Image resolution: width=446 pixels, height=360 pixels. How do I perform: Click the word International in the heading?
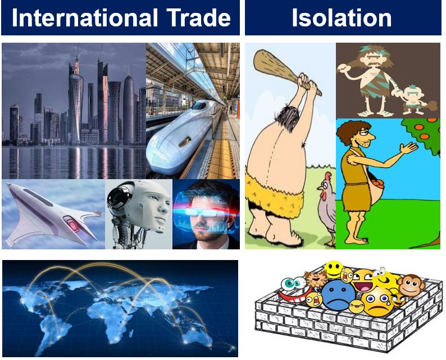[x=84, y=17]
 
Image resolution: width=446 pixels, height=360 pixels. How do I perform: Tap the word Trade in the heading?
[x=198, y=17]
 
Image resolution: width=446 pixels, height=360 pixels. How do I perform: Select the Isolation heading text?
[x=342, y=17]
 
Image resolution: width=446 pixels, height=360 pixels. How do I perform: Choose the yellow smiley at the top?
[x=333, y=268]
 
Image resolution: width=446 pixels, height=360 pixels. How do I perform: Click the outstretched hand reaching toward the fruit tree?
[x=409, y=148]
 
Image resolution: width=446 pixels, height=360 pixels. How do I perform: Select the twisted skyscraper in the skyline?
[x=76, y=108]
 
